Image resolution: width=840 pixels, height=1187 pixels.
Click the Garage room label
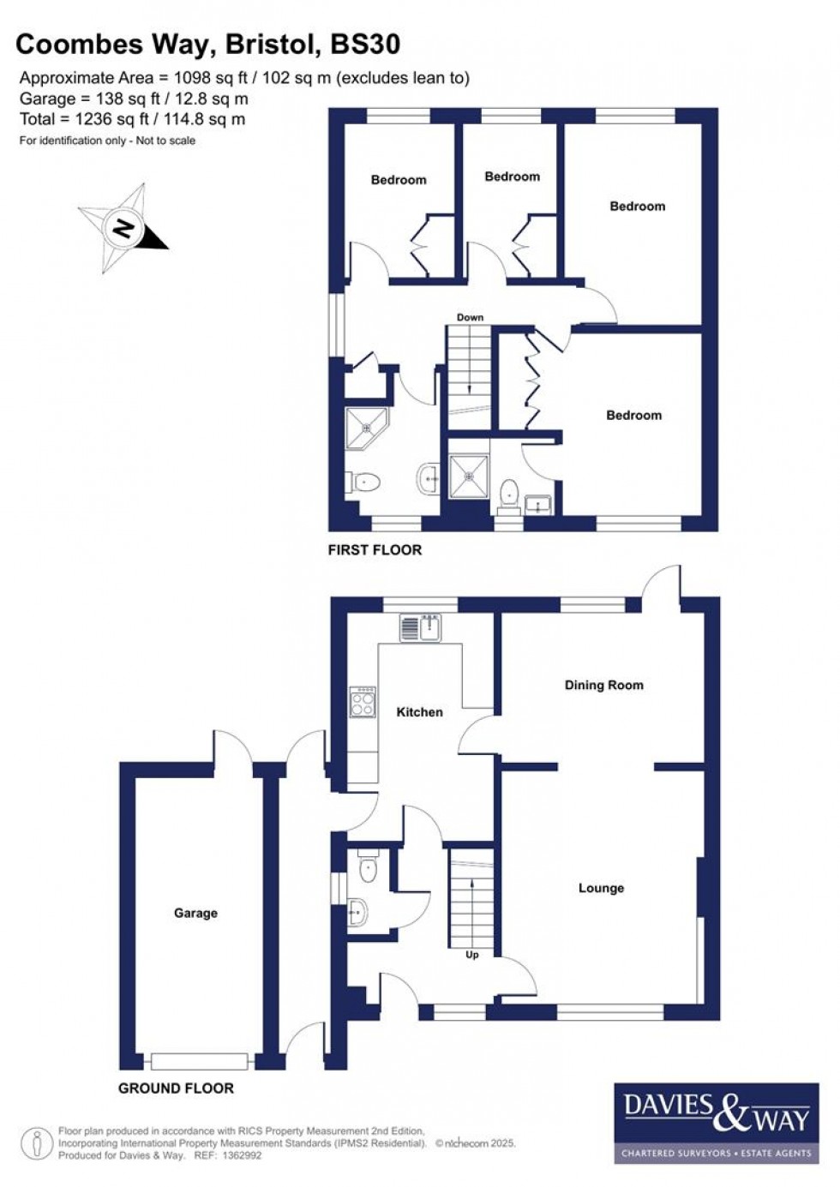click(195, 914)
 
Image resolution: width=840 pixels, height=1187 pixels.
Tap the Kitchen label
click(419, 712)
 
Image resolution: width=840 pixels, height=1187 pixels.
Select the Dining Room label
click(603, 686)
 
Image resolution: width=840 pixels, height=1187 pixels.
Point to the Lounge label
click(601, 889)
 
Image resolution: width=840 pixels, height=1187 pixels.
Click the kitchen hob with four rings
click(363, 703)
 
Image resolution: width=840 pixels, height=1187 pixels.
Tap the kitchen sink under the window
click(419, 628)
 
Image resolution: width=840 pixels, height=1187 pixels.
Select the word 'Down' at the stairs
click(470, 318)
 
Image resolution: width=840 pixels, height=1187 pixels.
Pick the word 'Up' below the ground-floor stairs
click(471, 955)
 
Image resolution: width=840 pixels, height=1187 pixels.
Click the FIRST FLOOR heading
click(375, 550)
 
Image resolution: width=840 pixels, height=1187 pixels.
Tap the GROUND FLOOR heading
click(176, 1088)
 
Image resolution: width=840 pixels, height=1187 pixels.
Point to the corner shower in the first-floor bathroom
click(366, 429)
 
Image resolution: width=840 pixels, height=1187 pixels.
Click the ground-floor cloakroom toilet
click(368, 870)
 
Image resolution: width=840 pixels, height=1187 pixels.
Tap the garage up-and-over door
click(200, 1061)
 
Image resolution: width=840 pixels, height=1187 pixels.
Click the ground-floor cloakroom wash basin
click(358, 911)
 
